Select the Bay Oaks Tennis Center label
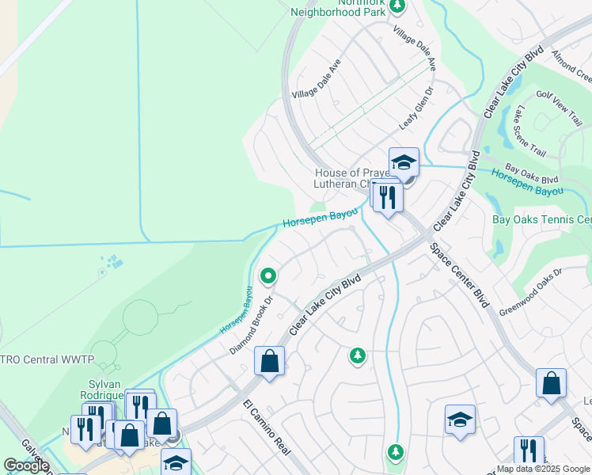pos(542,219)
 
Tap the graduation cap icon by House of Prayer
pos(404,163)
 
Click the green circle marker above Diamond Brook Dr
pos(268,276)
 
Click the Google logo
pos(26,465)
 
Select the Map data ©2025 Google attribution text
pos(542,469)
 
